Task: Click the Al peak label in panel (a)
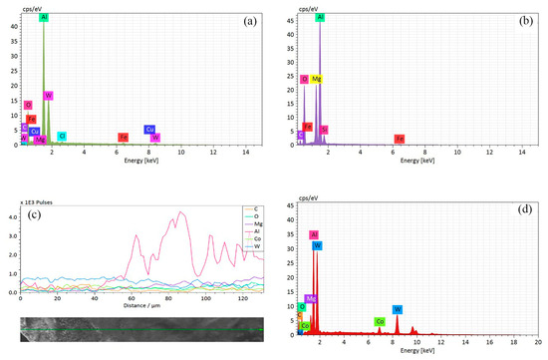pyautogui.click(x=43, y=18)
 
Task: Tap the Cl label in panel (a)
pyautogui.click(x=62, y=136)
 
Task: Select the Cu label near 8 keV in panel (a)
pyautogui.click(x=149, y=129)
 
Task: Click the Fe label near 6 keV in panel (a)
pyautogui.click(x=124, y=137)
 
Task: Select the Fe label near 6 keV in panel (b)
pyautogui.click(x=399, y=138)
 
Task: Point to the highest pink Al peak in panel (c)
pyautogui.click(x=180, y=211)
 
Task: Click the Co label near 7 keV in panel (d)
pyautogui.click(x=380, y=321)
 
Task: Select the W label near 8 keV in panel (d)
pyautogui.click(x=397, y=309)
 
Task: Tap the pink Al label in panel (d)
pyautogui.click(x=314, y=235)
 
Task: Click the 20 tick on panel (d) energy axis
pyautogui.click(x=541, y=341)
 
